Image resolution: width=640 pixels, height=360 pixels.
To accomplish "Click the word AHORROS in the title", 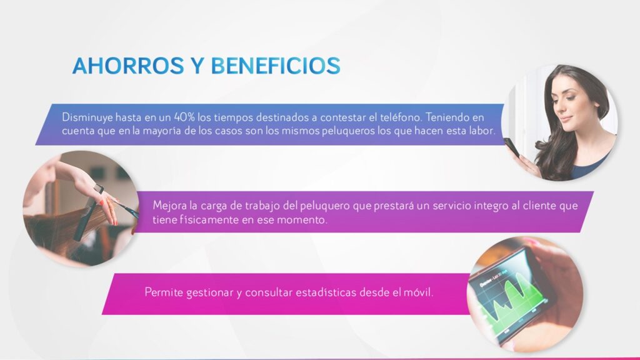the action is click(128, 66).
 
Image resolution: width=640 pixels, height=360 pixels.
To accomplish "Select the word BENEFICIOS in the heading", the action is click(276, 66).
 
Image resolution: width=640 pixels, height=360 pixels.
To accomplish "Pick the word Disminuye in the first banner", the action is click(87, 117).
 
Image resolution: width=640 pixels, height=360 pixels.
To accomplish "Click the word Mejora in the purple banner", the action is click(166, 205).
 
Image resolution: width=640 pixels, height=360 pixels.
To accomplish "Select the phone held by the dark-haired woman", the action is click(511, 147).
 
